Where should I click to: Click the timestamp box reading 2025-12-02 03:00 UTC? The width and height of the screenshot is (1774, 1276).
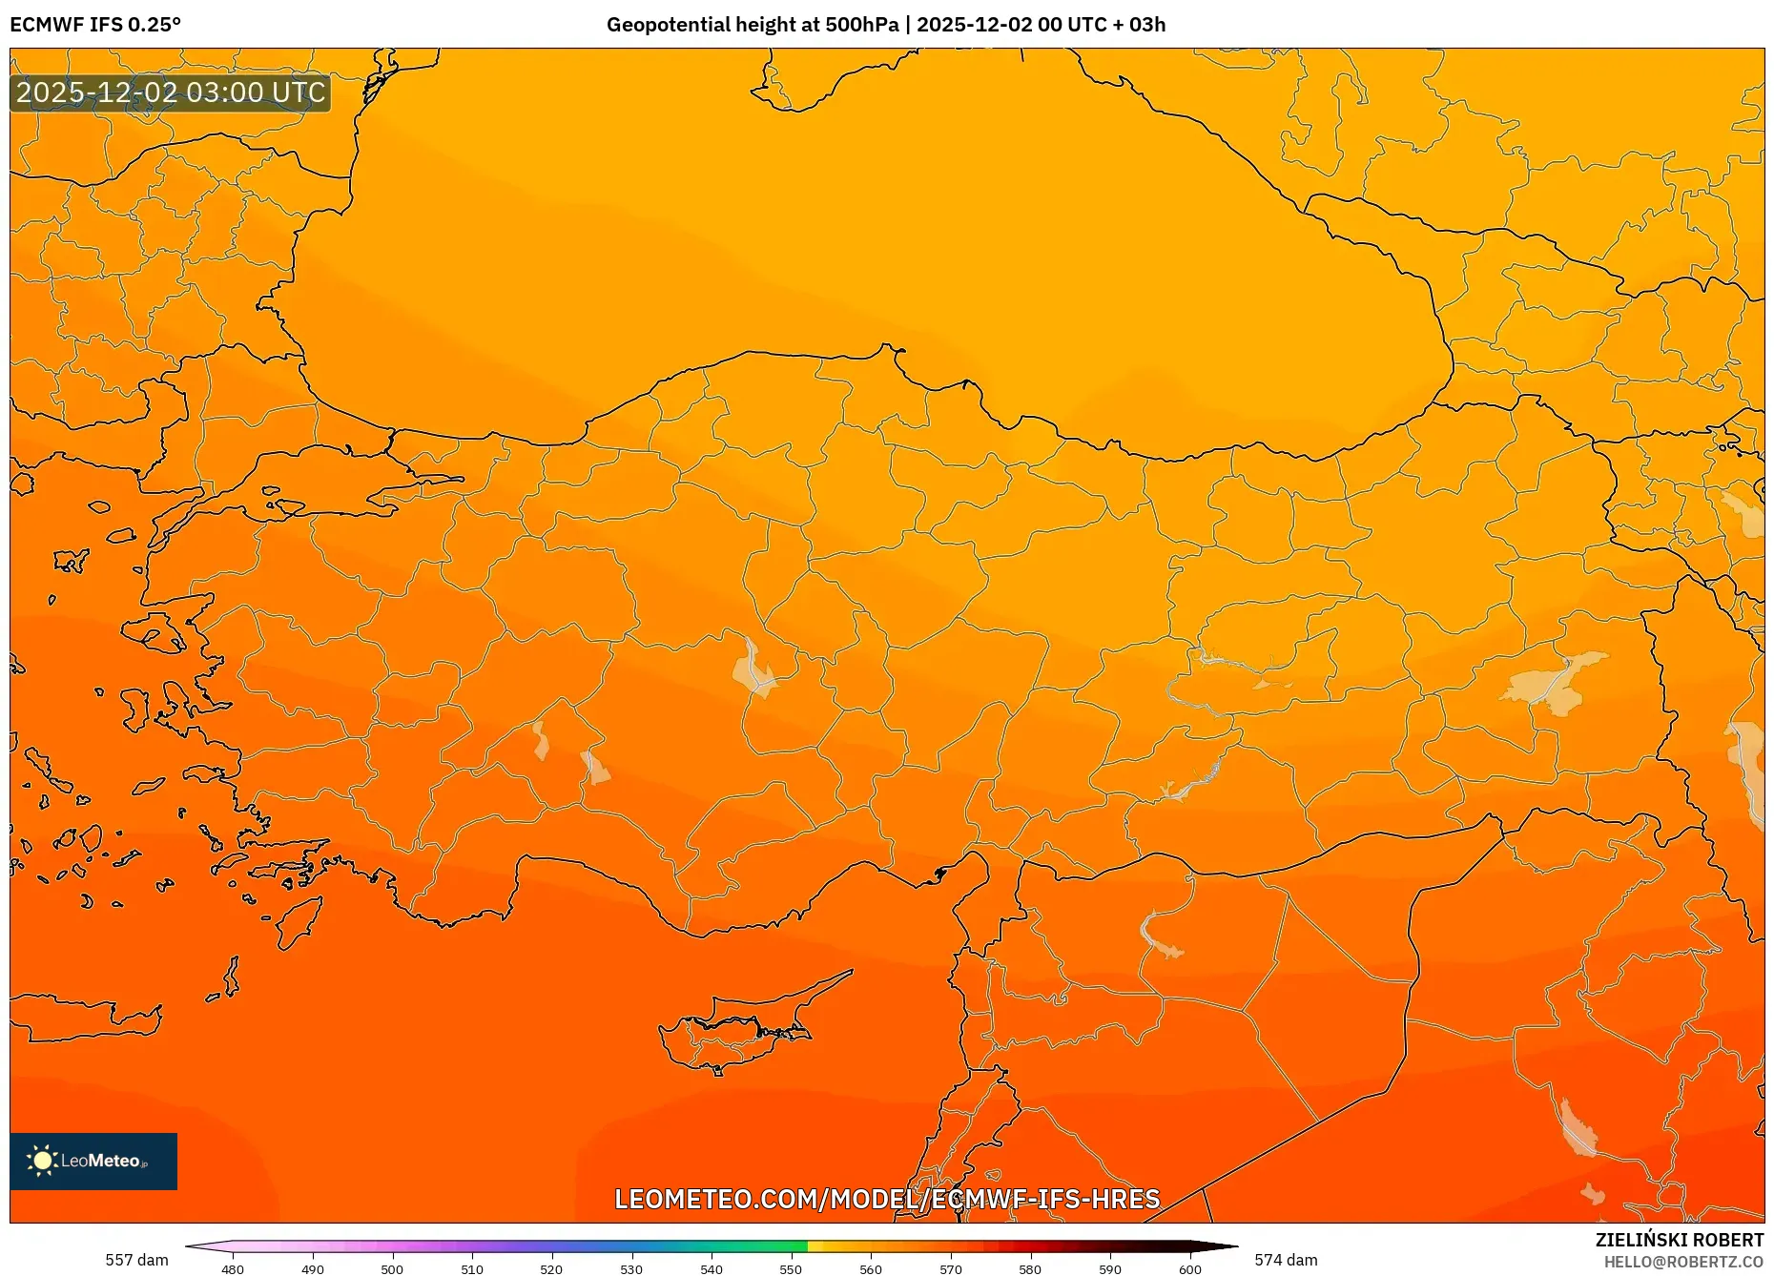[171, 93]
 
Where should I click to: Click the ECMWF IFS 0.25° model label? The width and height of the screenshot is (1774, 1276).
[95, 25]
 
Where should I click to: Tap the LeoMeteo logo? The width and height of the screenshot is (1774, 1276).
[93, 1161]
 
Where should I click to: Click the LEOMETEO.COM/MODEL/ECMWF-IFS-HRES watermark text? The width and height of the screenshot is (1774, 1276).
[887, 1199]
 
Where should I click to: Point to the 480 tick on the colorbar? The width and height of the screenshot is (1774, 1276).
[233, 1268]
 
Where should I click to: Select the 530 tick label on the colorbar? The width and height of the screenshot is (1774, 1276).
[631, 1268]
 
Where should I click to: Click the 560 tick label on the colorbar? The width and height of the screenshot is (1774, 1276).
[871, 1268]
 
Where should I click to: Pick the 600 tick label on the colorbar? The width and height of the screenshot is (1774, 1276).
[1189, 1268]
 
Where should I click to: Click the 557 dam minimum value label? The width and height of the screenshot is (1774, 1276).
[136, 1260]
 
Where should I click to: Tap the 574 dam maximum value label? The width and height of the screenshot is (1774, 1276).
[1286, 1260]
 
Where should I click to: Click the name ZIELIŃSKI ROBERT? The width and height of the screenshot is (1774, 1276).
[1679, 1240]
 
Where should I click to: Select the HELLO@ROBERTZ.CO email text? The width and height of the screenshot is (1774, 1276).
[1683, 1262]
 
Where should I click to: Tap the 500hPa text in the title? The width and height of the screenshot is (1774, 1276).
[861, 25]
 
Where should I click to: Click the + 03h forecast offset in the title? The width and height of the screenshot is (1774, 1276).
[1139, 25]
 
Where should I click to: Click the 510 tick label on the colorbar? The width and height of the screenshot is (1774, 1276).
[472, 1268]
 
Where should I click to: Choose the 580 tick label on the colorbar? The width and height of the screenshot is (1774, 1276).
[1030, 1268]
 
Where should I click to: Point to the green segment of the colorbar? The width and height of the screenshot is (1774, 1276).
[763, 1246]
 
